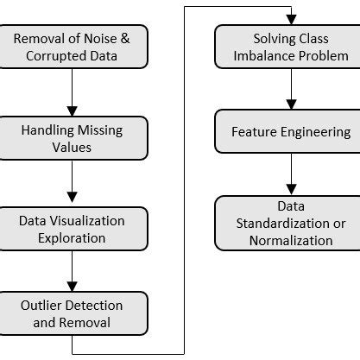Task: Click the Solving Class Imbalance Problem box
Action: (x=290, y=47)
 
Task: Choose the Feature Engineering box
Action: (x=290, y=133)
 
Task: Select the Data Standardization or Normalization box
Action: (x=290, y=223)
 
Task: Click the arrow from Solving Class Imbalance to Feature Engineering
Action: (x=290, y=90)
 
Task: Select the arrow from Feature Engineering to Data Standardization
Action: (x=290, y=176)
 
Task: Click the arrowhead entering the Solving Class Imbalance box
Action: (x=290, y=19)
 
